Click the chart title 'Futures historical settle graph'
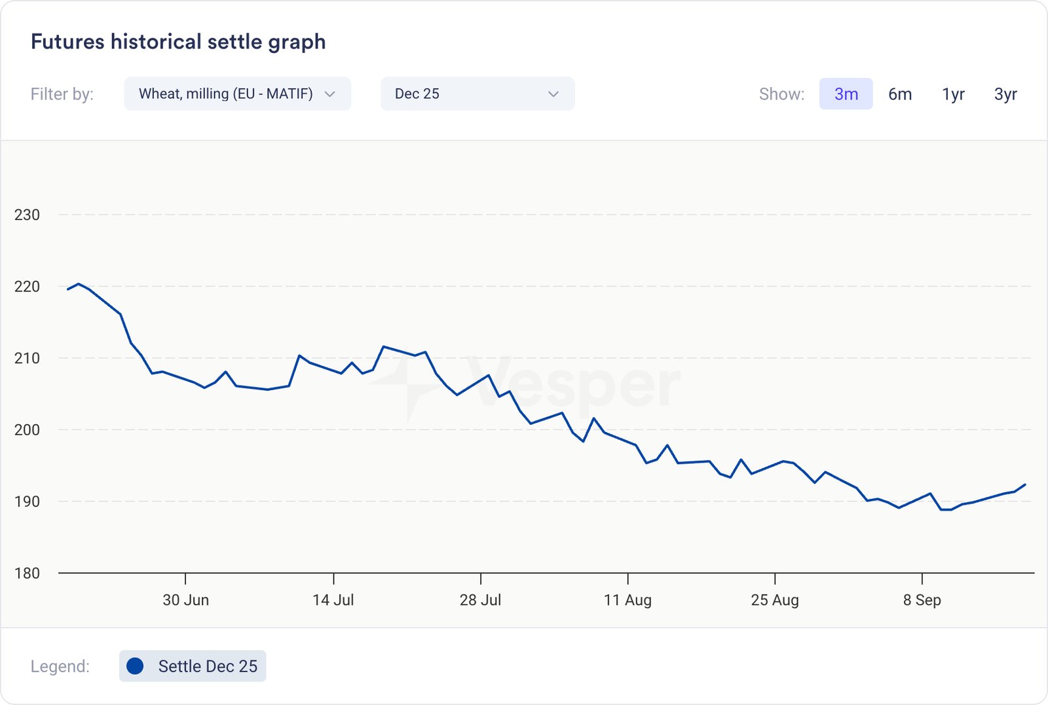pos(178,42)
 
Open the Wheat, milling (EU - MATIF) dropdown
pos(237,94)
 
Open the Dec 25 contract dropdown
pos(477,94)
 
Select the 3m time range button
pos(846,94)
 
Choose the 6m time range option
pos(900,94)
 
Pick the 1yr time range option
pos(953,94)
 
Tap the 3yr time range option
pos(1005,94)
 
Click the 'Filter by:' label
pos(62,94)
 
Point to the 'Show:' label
pos(781,94)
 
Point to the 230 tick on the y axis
pos(27,215)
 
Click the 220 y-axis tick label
pos(27,287)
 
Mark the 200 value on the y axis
pos(27,430)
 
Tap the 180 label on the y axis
pos(27,573)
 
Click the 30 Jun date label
pos(186,600)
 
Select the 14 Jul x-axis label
pos(333,600)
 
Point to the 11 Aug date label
pos(627,600)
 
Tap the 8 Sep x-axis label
pos(922,600)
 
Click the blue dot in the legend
pos(135,666)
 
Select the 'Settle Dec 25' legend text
pos(208,666)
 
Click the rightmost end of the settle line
pos(1025,485)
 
